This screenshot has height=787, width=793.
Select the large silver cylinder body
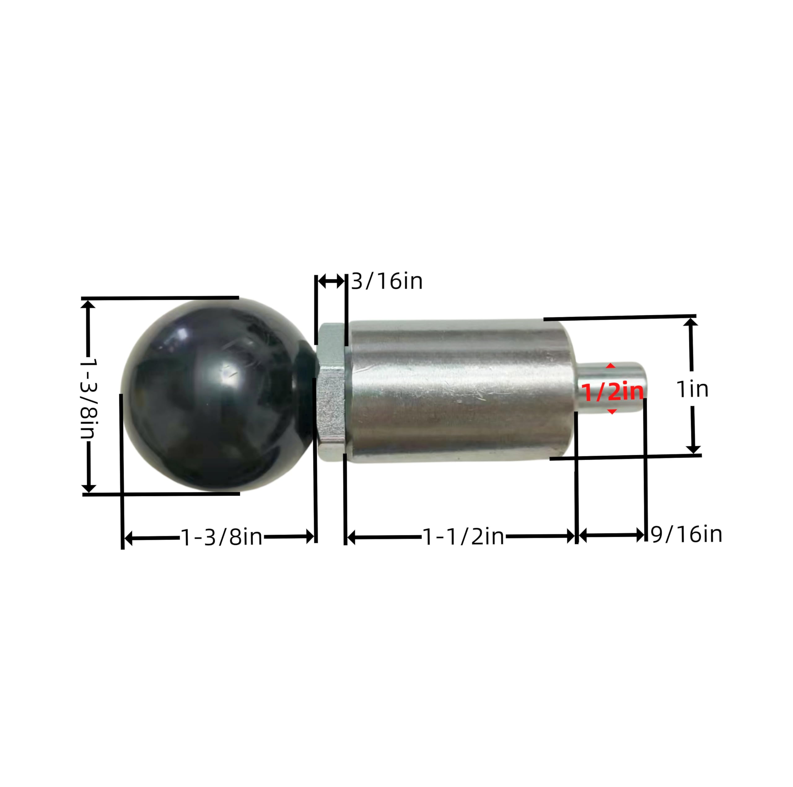coord(460,392)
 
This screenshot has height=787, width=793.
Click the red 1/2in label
coord(612,392)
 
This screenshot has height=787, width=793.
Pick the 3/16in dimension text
coord(387,281)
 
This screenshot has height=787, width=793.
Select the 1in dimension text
coord(692,389)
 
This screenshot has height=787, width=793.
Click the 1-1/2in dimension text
coord(463,536)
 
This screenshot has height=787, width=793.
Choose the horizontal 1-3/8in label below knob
coord(221,537)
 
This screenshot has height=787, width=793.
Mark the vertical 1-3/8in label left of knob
coord(87,398)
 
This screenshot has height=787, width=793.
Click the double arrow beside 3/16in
coord(331,281)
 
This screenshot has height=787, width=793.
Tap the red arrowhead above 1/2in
coord(611,366)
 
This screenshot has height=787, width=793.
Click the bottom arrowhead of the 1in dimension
coord(693,450)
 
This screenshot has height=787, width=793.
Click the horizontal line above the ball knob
coord(160,298)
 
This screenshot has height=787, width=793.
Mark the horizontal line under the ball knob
coord(161,494)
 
